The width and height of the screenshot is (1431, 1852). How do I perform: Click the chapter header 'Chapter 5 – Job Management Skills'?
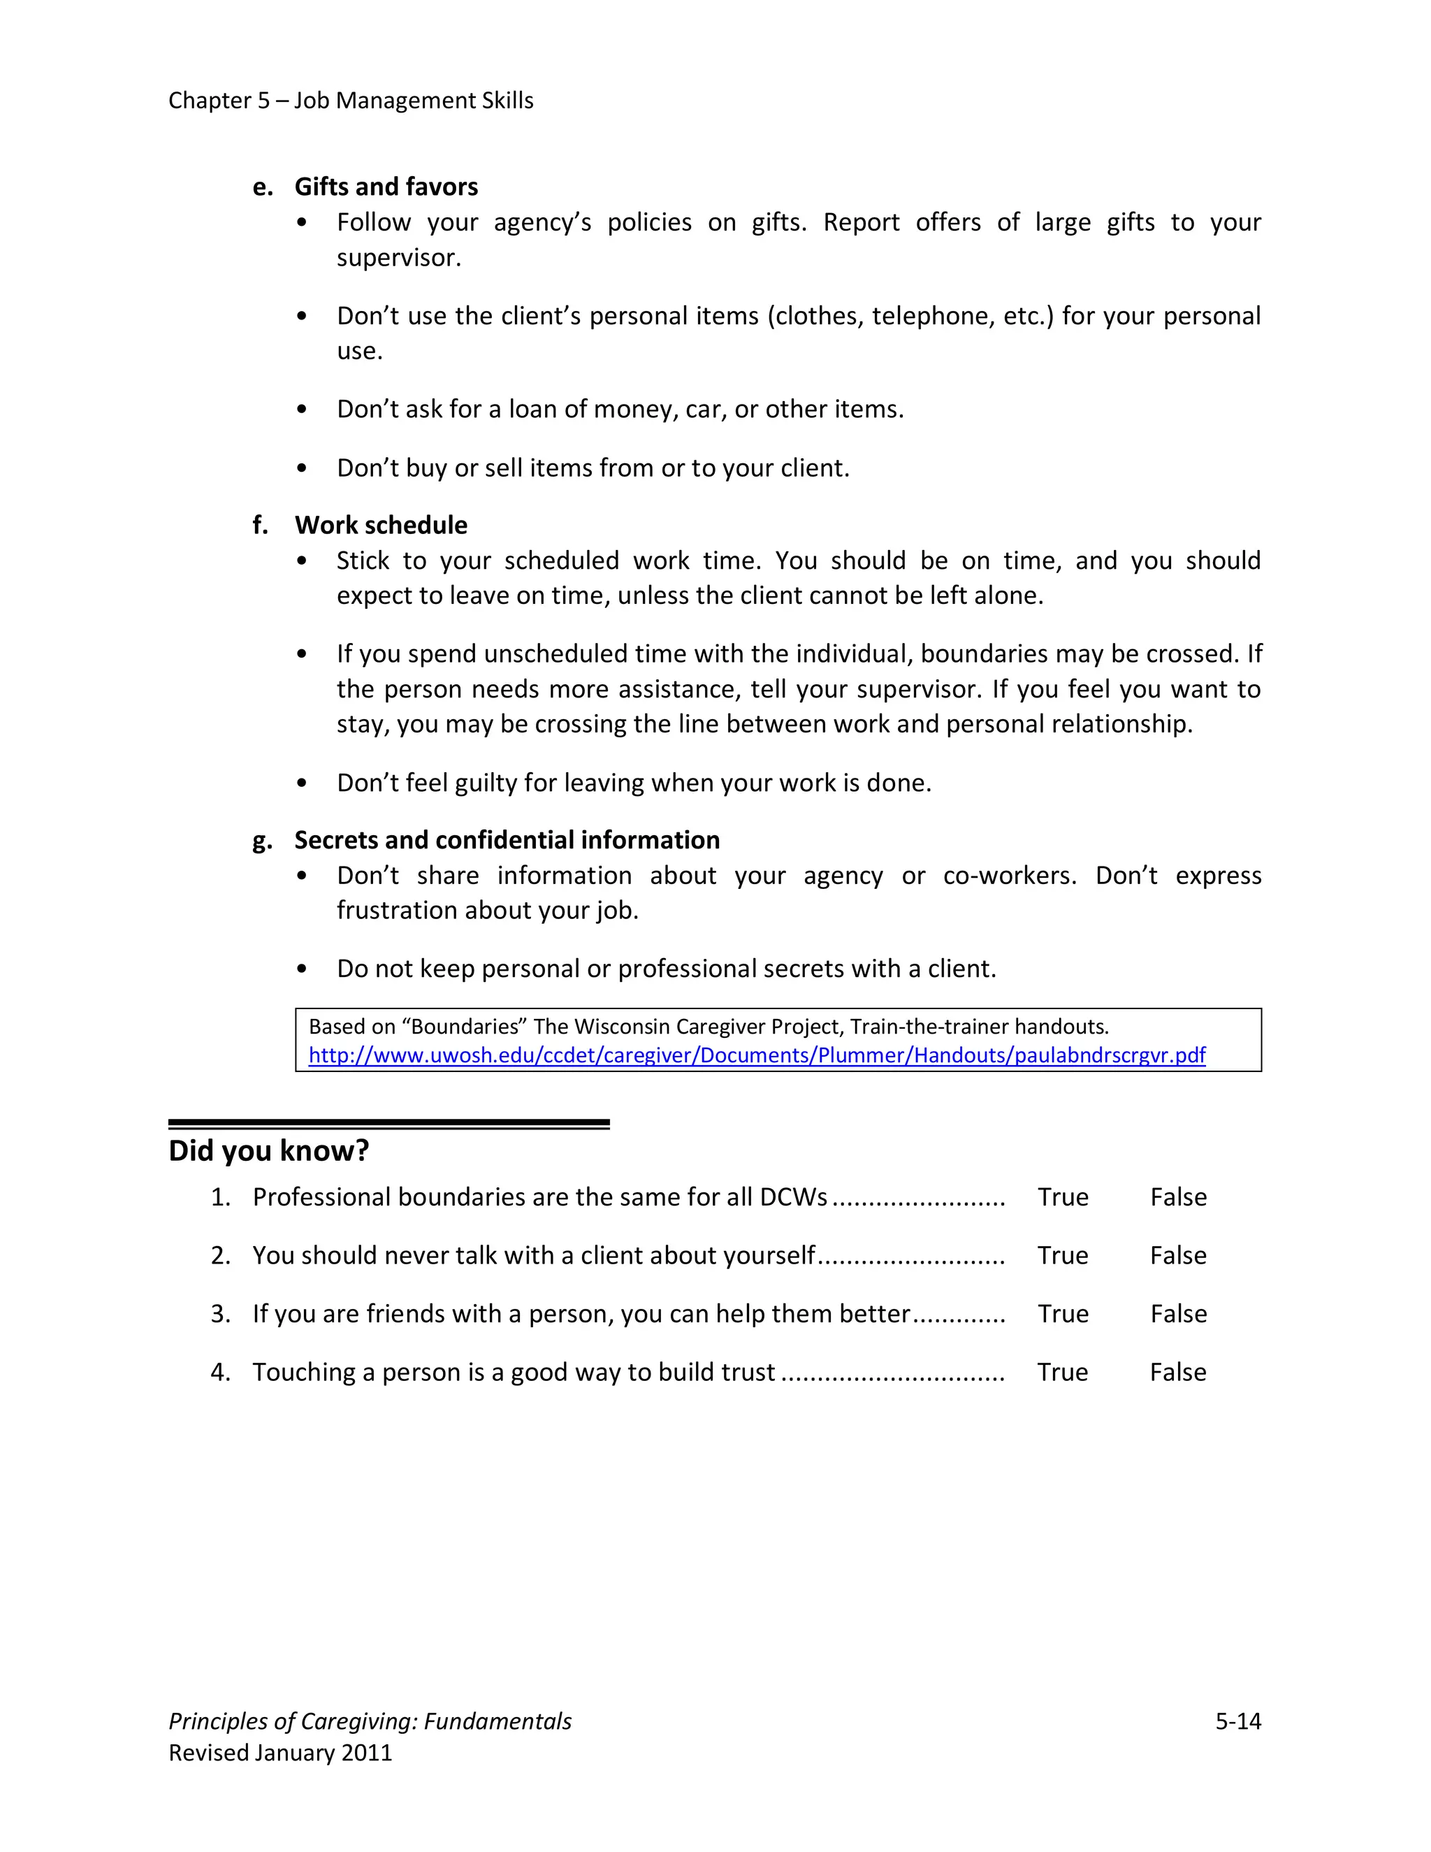tap(350, 100)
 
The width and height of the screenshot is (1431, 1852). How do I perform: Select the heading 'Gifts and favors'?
tap(386, 187)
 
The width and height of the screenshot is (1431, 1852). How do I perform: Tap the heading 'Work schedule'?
tap(381, 525)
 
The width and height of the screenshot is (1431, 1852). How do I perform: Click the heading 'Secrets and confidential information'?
tap(507, 839)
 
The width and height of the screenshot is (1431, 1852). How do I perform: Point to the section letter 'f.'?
tap(260, 525)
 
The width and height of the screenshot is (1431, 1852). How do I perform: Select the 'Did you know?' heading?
tap(269, 1151)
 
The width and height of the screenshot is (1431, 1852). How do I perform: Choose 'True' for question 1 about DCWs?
tap(1062, 1196)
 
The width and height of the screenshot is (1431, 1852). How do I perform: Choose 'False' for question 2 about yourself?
tap(1177, 1255)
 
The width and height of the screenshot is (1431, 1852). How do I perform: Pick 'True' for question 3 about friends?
tap(1062, 1314)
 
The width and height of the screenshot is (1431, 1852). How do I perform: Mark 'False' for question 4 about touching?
tap(1177, 1372)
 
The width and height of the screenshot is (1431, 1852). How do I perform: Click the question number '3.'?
tap(220, 1314)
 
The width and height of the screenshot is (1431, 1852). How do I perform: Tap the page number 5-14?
tap(1237, 1721)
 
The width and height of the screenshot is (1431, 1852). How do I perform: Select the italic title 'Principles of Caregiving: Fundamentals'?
tap(370, 1721)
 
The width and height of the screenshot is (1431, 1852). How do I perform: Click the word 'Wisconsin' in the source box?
tap(621, 1027)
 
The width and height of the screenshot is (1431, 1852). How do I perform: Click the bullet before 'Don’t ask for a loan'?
tap(302, 410)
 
